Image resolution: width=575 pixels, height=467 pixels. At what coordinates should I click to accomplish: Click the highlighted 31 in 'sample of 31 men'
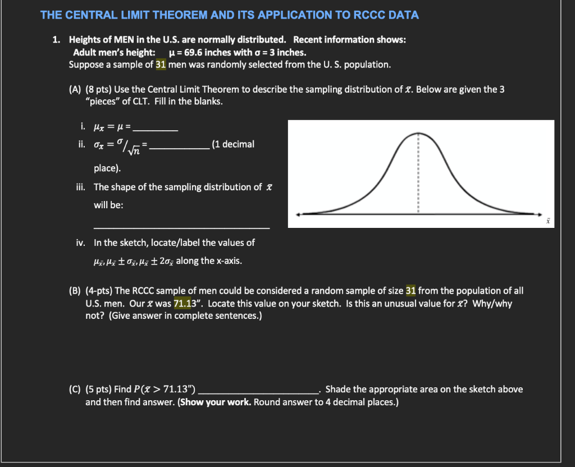pos(160,65)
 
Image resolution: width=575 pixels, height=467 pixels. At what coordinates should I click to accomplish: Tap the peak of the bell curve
pos(418,133)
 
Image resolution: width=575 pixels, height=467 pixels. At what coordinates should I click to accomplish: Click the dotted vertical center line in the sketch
pos(418,174)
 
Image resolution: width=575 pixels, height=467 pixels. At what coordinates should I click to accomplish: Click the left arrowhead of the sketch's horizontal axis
pos(299,213)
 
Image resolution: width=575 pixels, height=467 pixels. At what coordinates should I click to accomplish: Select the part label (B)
pos(75,291)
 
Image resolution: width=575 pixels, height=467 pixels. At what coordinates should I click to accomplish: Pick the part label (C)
pos(75,390)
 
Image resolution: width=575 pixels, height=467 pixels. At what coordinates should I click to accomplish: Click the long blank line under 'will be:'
pos(181,227)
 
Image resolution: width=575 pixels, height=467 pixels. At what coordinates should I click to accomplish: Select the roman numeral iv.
pos(80,242)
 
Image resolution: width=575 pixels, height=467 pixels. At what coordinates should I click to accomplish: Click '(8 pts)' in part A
pos(99,90)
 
